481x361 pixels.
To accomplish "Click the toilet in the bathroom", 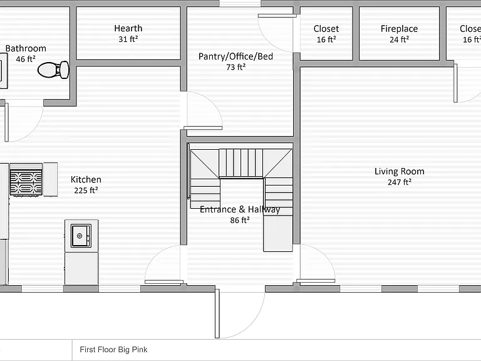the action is point(53,70).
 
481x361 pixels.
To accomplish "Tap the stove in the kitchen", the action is point(26,180).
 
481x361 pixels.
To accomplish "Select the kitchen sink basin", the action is point(81,236).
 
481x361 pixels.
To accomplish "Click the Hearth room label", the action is point(128,28).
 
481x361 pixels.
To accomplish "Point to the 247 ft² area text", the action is point(399,182).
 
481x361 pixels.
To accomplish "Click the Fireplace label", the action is point(399,29).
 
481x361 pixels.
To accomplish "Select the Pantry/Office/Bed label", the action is point(235,56).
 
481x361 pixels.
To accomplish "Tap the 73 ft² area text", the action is point(235,67).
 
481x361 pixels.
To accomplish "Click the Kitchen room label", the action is point(86,180).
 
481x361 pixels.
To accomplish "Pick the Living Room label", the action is point(400,171).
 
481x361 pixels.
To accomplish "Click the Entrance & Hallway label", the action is point(240,209).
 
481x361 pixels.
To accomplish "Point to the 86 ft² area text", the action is point(240,220).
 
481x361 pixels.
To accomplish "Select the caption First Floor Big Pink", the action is point(113,350).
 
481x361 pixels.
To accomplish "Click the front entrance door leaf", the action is point(217,313).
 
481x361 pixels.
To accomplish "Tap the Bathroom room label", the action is point(26,48).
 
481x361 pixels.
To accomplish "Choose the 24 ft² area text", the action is point(399,39).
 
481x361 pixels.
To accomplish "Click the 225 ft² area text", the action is point(86,191).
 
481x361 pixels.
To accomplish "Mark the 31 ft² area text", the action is point(128,39).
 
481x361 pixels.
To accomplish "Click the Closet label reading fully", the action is point(326,29).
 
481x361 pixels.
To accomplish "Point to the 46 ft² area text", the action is point(26,59).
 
